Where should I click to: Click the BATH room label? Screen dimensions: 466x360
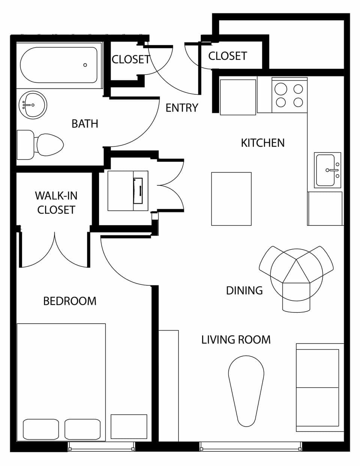click(85, 124)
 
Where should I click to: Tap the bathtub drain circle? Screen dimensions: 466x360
click(85, 65)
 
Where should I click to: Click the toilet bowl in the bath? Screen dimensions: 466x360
click(49, 145)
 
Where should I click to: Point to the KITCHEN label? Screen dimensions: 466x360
click(262, 143)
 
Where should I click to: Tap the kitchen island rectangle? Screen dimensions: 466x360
click(231, 199)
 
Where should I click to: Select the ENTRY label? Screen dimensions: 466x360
click(182, 108)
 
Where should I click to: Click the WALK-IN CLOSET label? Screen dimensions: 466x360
click(56, 203)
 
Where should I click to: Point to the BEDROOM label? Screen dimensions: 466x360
click(70, 301)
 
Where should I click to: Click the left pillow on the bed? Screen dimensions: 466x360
click(41, 429)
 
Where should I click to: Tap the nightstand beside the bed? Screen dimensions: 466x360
click(129, 427)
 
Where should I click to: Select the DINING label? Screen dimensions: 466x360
click(244, 290)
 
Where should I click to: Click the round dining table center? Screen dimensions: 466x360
click(296, 270)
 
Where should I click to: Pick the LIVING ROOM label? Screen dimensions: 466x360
click(236, 340)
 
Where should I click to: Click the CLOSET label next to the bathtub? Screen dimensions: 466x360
click(131, 60)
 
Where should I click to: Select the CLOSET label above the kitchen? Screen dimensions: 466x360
click(227, 56)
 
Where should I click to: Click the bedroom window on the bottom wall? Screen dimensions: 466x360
click(101, 447)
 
